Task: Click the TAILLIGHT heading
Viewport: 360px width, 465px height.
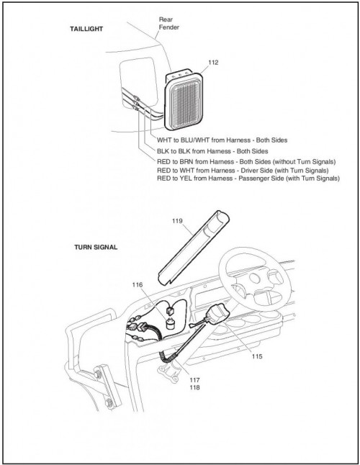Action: pyautogui.click(x=86, y=29)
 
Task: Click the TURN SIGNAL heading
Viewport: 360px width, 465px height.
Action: pyautogui.click(x=96, y=247)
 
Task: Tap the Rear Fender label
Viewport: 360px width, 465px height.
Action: pyautogui.click(x=169, y=24)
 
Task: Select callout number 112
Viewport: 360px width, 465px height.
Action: pyautogui.click(x=213, y=63)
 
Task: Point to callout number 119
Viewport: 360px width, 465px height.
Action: pyautogui.click(x=177, y=221)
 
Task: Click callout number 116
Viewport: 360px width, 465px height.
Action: pyautogui.click(x=138, y=285)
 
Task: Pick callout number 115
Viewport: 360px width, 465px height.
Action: pyautogui.click(x=257, y=356)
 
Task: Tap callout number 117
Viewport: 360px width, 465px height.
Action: pyautogui.click(x=195, y=380)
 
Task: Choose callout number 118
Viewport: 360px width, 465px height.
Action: pyautogui.click(x=195, y=387)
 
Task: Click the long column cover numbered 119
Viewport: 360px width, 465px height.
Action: pyautogui.click(x=194, y=248)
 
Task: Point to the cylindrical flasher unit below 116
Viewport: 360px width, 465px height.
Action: pyautogui.click(x=170, y=323)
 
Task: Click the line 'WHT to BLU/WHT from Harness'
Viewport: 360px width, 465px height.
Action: pyautogui.click(x=222, y=140)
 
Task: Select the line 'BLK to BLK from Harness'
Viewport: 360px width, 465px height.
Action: pyautogui.click(x=212, y=151)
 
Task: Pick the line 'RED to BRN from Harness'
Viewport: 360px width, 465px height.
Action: pyautogui.click(x=246, y=162)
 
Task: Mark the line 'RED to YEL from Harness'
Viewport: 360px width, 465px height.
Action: pyautogui.click(x=248, y=179)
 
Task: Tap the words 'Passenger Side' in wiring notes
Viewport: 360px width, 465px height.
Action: pyautogui.click(x=261, y=179)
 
